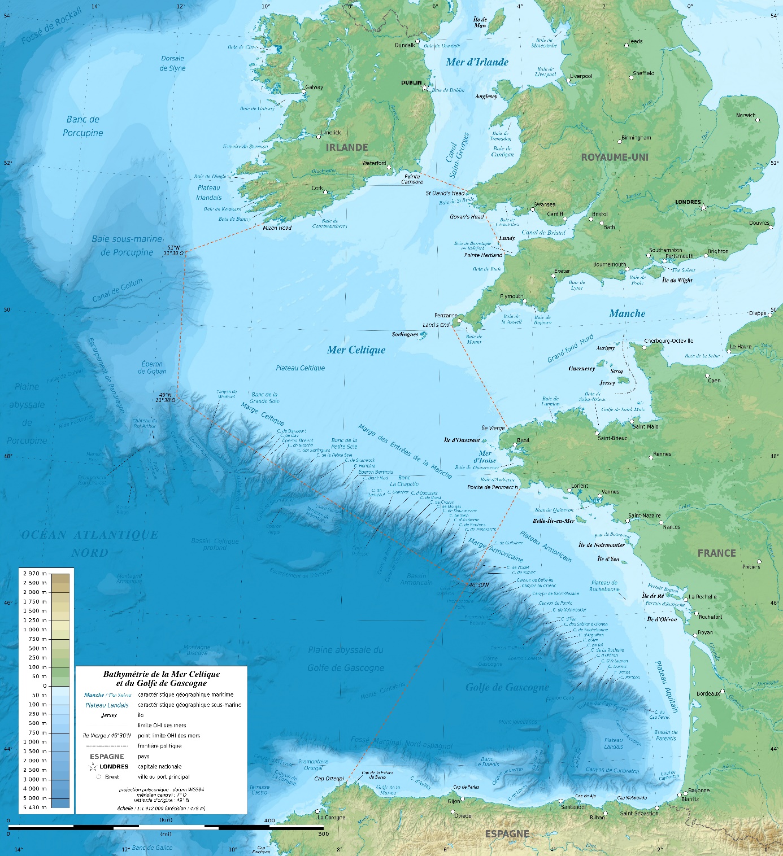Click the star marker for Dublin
(425, 88)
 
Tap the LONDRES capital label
(688, 202)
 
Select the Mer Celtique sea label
(356, 350)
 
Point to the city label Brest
(523, 440)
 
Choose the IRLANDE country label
(347, 147)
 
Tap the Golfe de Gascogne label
(507, 687)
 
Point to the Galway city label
(314, 87)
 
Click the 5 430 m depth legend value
(34, 807)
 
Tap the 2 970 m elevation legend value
(34, 574)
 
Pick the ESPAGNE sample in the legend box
(107, 756)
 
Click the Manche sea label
(627, 313)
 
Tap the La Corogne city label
(331, 817)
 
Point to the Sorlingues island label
(405, 334)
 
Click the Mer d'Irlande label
(477, 62)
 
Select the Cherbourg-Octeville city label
(669, 341)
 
